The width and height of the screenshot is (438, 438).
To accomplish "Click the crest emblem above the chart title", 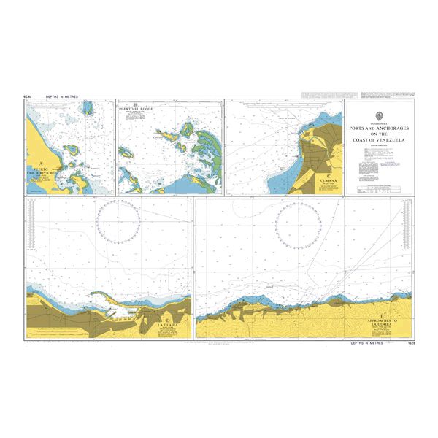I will click(379, 117).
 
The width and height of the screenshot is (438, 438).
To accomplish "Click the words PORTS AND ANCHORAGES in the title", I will click(379, 129).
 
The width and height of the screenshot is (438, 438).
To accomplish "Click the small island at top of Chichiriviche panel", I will click(88, 109).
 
